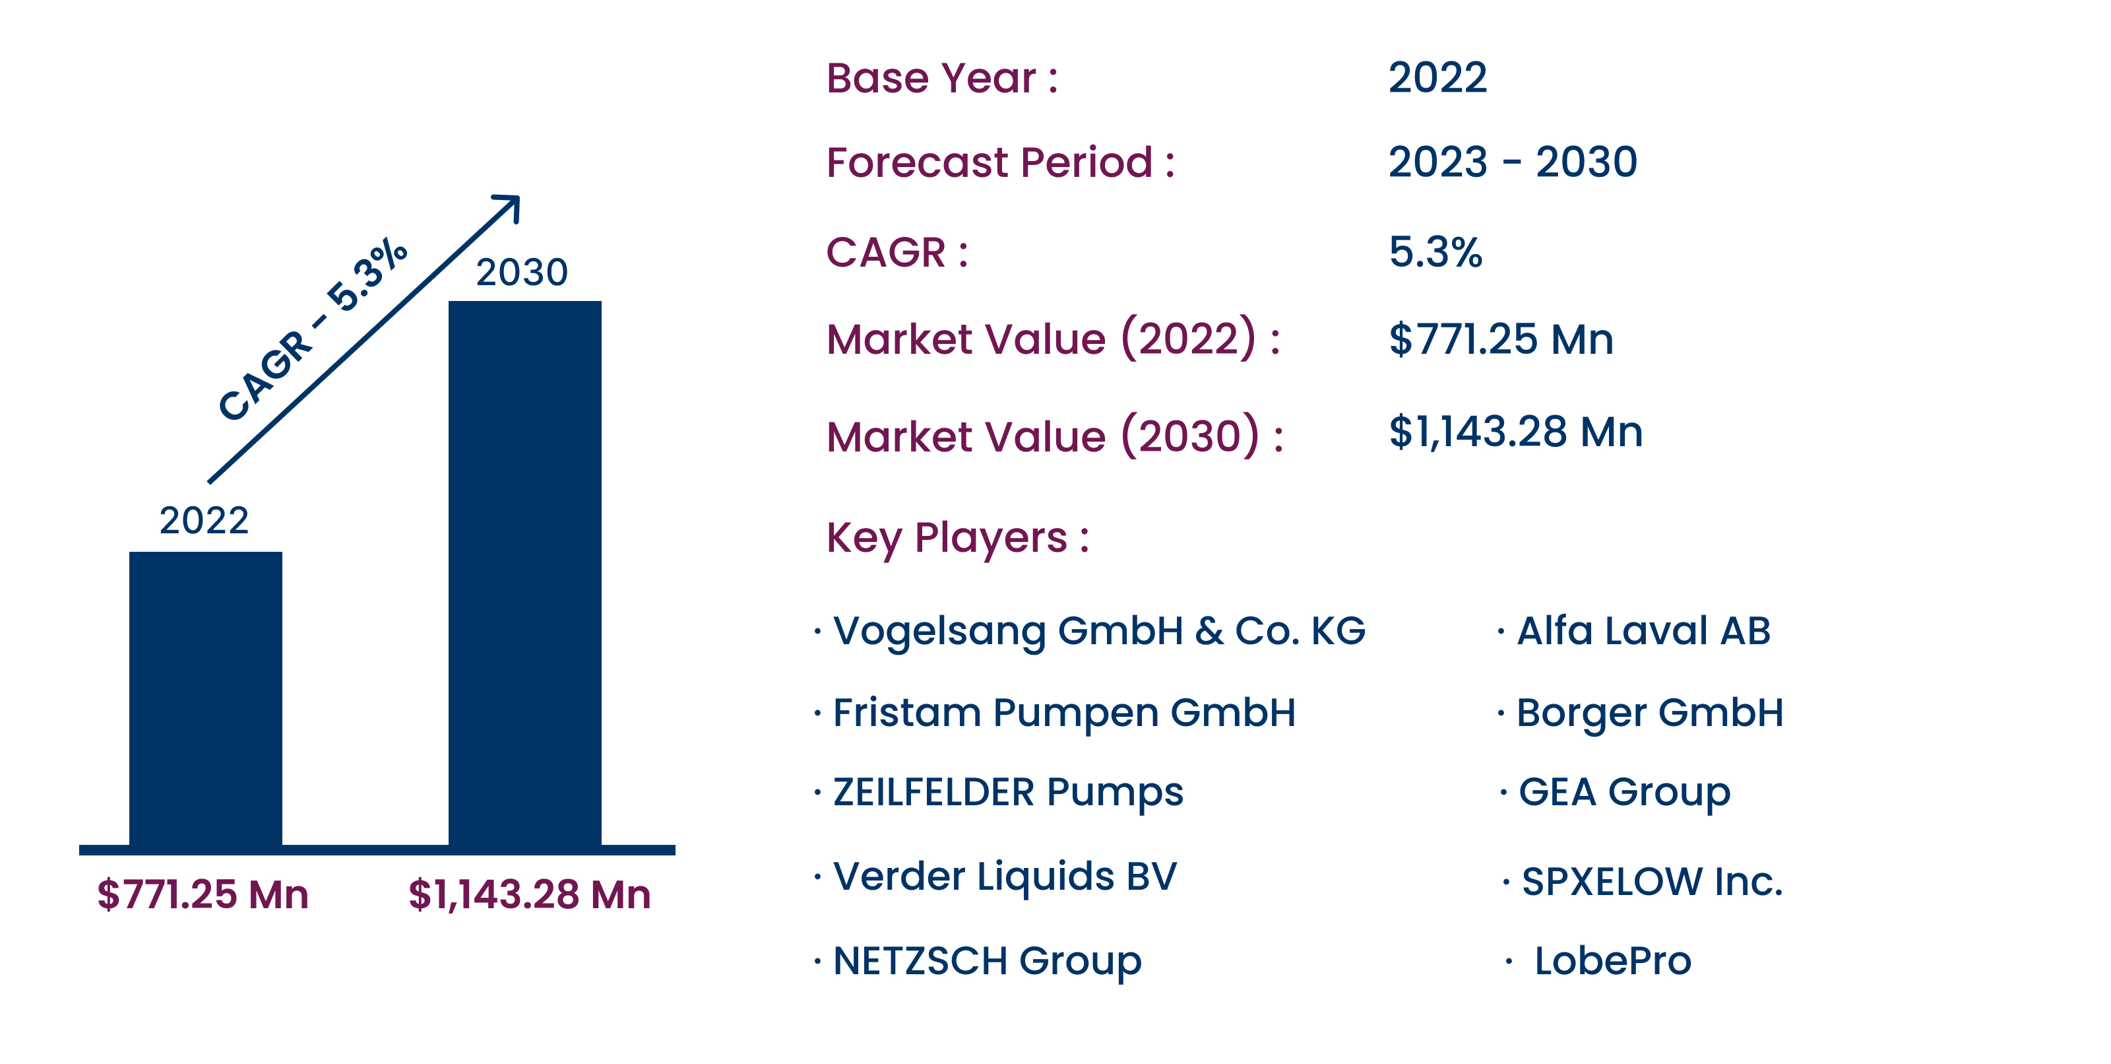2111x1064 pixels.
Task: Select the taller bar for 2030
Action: click(524, 574)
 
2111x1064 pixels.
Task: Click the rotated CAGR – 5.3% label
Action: click(312, 329)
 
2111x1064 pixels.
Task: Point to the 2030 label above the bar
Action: click(522, 272)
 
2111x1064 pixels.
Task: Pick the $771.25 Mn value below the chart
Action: click(203, 894)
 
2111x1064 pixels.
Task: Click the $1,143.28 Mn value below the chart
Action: click(529, 894)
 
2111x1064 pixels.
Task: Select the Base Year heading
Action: click(941, 79)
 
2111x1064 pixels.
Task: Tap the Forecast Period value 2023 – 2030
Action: click(1513, 162)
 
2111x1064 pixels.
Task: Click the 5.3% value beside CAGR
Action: click(1435, 251)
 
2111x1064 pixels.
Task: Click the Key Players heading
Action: click(957, 539)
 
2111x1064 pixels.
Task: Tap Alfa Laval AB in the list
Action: click(1644, 630)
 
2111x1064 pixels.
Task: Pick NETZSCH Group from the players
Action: click(987, 962)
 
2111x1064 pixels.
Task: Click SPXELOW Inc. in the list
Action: click(1652, 882)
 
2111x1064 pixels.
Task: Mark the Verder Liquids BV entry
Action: click(1005, 877)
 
